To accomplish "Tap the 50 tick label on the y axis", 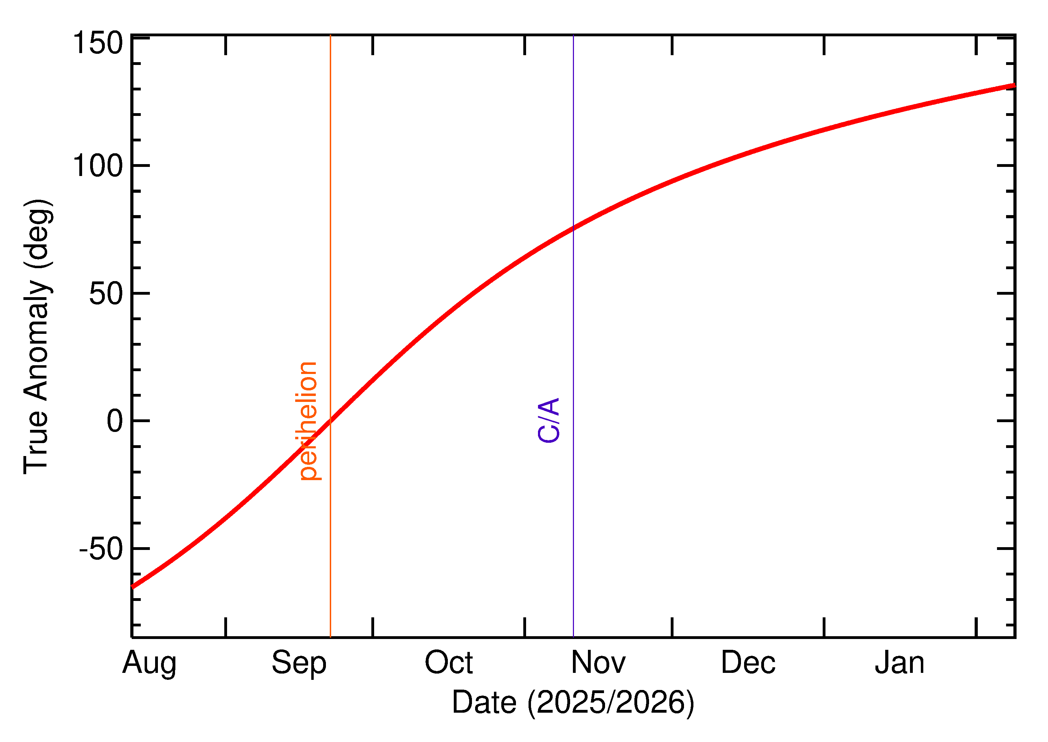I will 106,293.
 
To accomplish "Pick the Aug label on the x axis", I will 149,663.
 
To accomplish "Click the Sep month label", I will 299,663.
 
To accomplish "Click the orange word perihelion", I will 308,421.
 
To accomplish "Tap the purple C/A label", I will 548,420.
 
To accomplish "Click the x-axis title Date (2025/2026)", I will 573,702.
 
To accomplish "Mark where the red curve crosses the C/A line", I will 573,228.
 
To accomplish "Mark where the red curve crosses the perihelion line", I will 330,420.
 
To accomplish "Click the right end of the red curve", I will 1014,85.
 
